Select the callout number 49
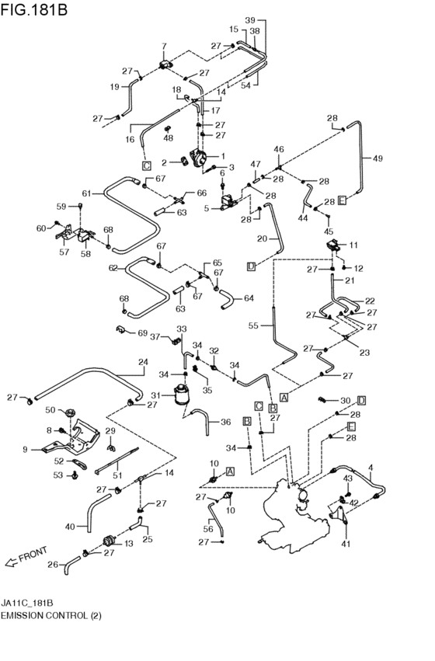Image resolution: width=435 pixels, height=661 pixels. [378, 158]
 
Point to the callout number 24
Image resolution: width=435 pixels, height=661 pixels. [142, 361]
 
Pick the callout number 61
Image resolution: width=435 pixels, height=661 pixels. [87, 193]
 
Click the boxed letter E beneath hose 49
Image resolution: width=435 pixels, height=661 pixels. [341, 200]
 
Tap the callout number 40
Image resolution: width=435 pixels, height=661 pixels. [70, 527]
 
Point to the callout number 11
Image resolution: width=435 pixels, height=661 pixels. [128, 543]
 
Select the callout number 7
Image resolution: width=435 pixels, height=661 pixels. [164, 46]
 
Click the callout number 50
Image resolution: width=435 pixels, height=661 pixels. [50, 410]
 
